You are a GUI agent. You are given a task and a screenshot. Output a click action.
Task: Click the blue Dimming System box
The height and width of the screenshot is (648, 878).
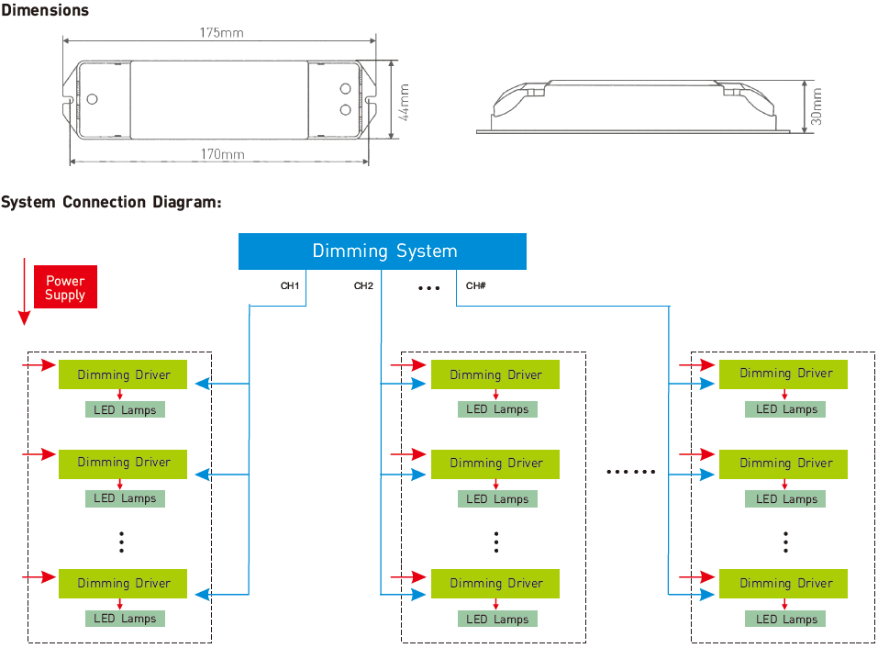(383, 251)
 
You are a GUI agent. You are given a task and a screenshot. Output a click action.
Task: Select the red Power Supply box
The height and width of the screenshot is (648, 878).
(65, 286)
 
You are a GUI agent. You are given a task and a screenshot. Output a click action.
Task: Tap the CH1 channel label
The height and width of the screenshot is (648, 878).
(290, 285)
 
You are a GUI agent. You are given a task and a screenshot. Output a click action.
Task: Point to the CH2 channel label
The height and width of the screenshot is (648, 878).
(363, 285)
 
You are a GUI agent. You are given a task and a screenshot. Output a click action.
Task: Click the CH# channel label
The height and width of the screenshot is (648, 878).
(476, 285)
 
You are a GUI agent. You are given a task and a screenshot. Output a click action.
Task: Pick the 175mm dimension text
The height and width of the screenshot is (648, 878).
(222, 33)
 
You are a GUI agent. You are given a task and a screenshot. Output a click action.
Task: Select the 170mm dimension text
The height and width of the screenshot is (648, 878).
(223, 154)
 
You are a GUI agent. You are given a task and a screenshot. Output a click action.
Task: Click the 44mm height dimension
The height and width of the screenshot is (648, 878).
(404, 102)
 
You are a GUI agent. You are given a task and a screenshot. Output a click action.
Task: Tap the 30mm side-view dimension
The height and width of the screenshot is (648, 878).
(817, 106)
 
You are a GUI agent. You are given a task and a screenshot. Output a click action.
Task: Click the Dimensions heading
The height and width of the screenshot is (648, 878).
(45, 10)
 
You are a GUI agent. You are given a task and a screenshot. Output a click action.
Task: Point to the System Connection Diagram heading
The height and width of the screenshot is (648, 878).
(111, 202)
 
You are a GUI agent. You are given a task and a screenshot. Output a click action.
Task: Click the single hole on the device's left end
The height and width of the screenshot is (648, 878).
(93, 99)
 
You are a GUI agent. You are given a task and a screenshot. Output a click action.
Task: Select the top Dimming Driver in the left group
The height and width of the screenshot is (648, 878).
(123, 374)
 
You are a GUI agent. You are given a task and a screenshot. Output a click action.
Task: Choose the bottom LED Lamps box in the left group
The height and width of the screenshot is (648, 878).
(125, 619)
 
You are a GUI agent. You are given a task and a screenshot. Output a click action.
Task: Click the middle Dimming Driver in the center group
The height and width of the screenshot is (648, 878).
(495, 464)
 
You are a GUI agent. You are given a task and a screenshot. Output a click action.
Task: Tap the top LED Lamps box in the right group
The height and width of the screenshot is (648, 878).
(785, 409)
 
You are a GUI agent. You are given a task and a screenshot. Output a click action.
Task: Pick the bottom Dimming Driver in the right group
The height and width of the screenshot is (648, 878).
(784, 584)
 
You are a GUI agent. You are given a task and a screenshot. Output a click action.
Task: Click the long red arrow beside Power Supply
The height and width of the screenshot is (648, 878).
(24, 291)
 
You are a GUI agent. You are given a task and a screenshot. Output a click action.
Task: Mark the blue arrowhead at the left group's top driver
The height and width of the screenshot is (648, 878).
(202, 384)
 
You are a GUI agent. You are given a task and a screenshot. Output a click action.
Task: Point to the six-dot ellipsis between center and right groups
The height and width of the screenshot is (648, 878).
(631, 472)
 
